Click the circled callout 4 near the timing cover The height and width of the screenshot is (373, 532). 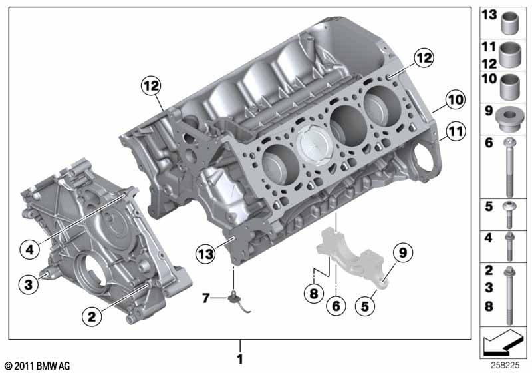coord(29,250)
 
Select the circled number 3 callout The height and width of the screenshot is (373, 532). coord(29,284)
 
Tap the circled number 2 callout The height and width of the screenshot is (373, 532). coord(92,316)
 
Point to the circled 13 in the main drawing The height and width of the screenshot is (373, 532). coord(205,254)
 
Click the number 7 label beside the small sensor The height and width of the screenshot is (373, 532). coord(205,298)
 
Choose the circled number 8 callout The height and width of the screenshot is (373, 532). coord(313,293)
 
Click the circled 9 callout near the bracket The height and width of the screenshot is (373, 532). coord(403,252)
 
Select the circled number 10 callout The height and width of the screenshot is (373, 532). coord(456,99)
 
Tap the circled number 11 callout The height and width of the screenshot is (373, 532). coord(456,131)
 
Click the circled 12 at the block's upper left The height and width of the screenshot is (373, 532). coord(151,85)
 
